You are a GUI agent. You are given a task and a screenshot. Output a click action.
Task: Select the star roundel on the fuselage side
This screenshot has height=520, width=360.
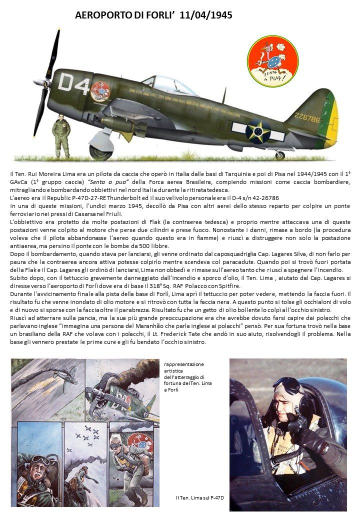[x=258, y=131]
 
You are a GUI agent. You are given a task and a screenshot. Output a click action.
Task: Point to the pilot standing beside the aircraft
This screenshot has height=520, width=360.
[x=61, y=135]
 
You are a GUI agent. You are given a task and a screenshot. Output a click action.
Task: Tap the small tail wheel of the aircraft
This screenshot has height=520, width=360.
[x=280, y=155]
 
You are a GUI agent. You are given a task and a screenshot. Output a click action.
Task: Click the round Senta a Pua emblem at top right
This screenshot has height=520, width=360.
[x=272, y=61]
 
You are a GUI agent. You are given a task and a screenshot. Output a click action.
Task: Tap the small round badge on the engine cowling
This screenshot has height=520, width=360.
[x=100, y=91]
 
